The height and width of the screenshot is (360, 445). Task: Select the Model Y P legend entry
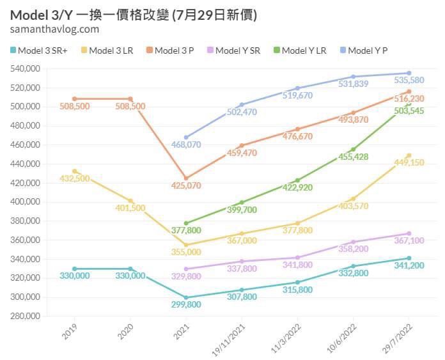[364, 50]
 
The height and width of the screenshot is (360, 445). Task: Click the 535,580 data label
[409, 81]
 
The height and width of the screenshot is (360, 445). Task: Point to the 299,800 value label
[185, 305]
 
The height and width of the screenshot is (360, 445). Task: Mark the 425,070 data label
[185, 186]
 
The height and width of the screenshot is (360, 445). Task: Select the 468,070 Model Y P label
[185, 145]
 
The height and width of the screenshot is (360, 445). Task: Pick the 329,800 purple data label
[185, 276]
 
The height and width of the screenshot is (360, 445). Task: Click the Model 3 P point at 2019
[74, 98]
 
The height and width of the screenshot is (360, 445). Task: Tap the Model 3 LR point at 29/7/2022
[409, 155]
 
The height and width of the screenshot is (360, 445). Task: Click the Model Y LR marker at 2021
[185, 223]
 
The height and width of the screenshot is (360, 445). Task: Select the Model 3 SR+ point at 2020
[130, 269]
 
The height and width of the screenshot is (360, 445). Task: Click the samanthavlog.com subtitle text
[55, 29]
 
